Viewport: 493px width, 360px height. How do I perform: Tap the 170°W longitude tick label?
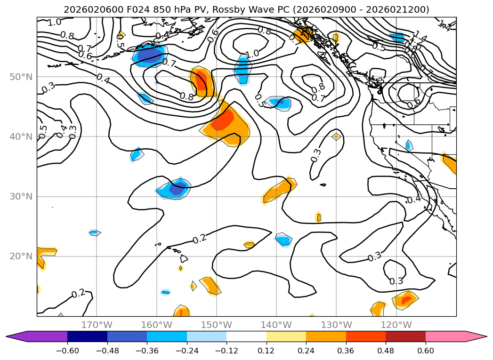[x=97, y=325]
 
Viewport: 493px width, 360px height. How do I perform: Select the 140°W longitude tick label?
[x=276, y=325]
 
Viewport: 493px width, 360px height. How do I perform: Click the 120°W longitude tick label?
[x=396, y=325]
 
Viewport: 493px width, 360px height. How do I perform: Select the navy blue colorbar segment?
[x=87, y=336]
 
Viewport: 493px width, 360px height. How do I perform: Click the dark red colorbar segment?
[x=405, y=336]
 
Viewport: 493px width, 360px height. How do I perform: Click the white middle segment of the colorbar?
[x=246, y=336]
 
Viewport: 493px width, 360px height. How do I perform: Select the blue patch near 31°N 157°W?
[x=174, y=189]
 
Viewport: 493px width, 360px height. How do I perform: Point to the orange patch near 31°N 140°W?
[x=281, y=190]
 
